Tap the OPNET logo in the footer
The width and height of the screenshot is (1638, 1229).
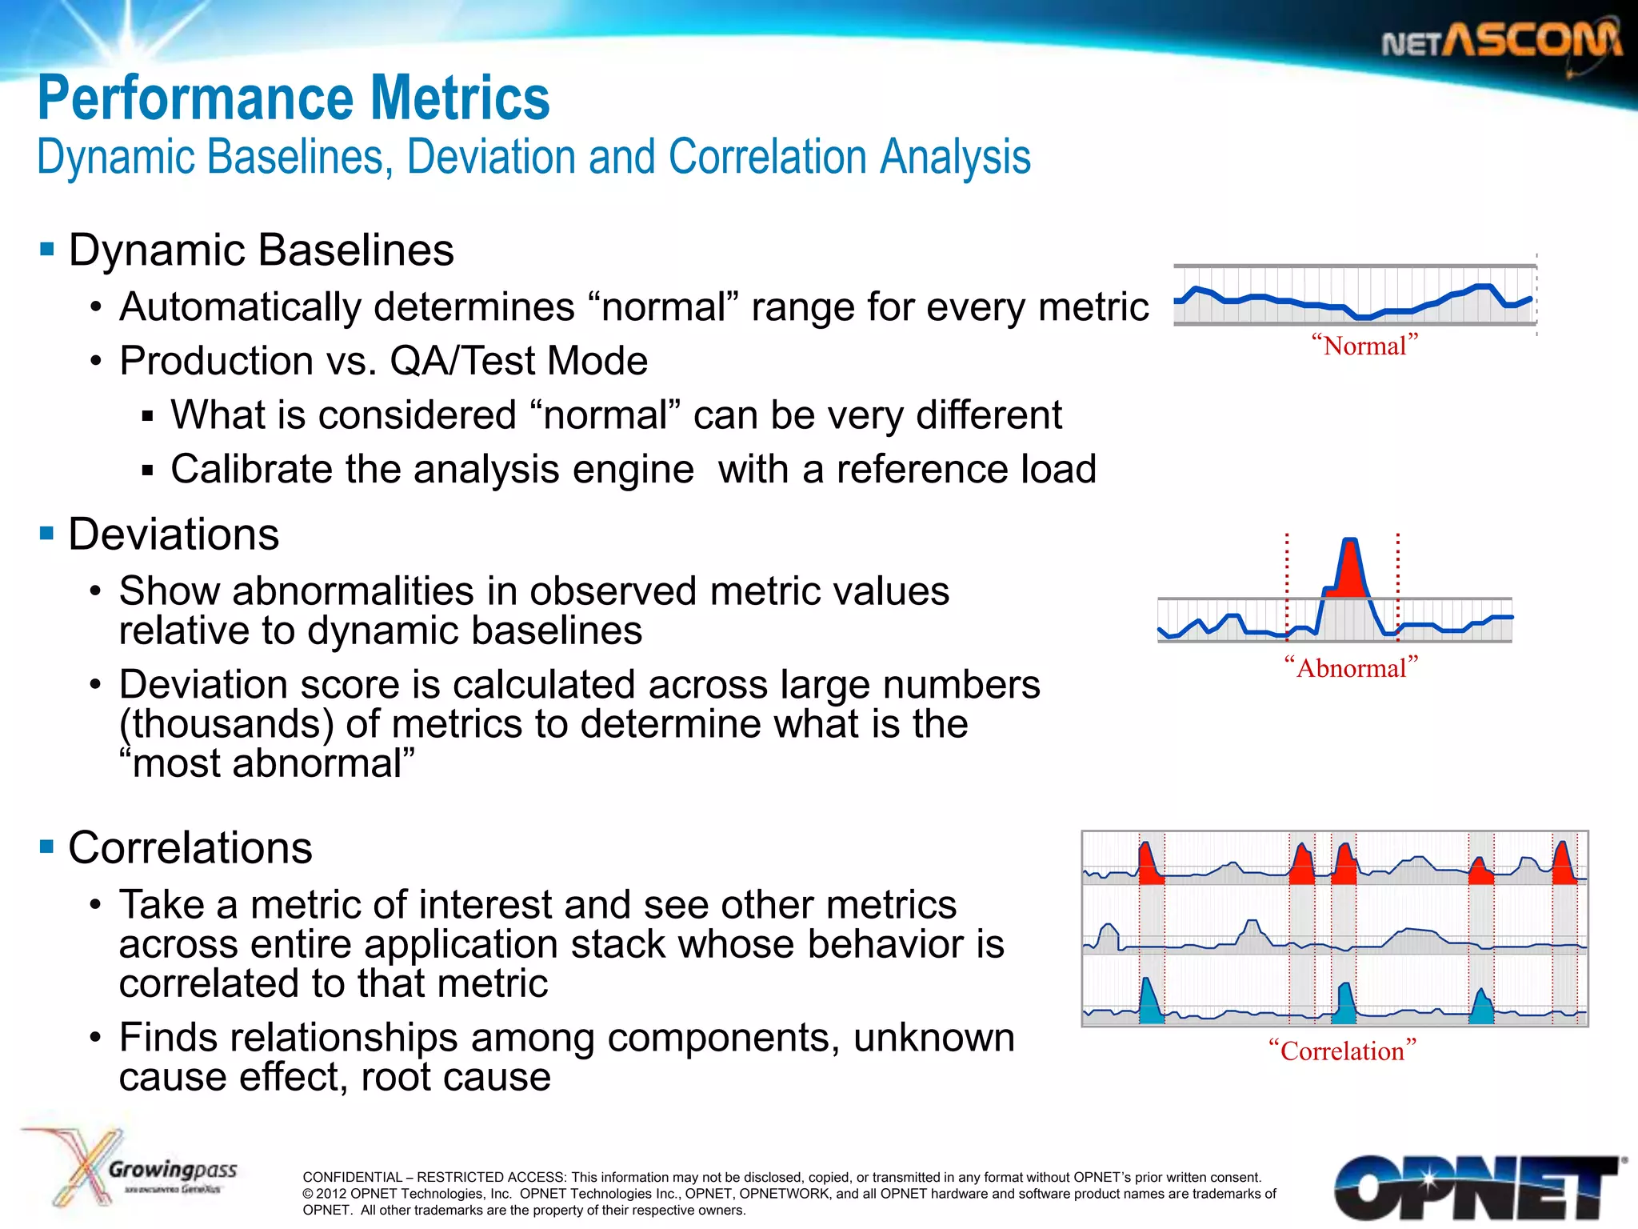[x=1476, y=1187]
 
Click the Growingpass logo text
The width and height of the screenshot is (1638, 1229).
[x=173, y=1170]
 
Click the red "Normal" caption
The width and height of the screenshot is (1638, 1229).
[x=1364, y=346]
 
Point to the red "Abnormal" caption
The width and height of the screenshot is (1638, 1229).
[x=1351, y=667]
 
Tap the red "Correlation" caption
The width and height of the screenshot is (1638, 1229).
[x=1342, y=1051]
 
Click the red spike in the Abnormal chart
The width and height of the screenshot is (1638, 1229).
[x=1351, y=570]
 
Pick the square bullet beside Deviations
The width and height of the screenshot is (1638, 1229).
[x=46, y=533]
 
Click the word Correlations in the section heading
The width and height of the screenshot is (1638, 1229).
[x=190, y=847]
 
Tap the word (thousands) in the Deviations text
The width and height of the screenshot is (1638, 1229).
[x=226, y=724]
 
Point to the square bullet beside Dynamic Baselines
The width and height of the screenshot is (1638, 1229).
[x=46, y=249]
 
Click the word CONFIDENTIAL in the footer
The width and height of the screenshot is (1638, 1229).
[x=352, y=1177]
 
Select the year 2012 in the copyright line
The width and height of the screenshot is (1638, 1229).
[x=331, y=1194]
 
